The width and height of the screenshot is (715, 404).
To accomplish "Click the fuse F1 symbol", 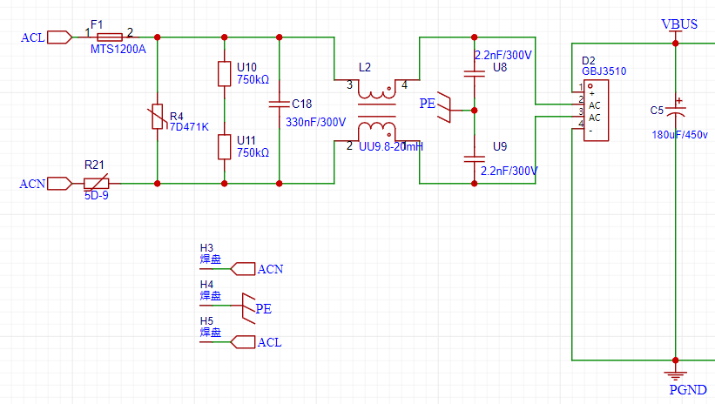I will pyautogui.click(x=110, y=37).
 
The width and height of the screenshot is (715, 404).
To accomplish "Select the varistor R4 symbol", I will pyautogui.click(x=158, y=116).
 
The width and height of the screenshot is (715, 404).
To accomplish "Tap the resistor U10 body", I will pyautogui.click(x=225, y=74).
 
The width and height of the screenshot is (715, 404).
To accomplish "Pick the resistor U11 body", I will pyautogui.click(x=225, y=146).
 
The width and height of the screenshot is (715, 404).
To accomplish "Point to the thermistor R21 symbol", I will pyautogui.click(x=97, y=183).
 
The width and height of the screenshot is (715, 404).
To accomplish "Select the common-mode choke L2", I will pyautogui.click(x=376, y=111).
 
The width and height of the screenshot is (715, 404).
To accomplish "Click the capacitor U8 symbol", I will pyautogui.click(x=474, y=74).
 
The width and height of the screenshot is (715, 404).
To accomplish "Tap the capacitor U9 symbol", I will pyautogui.click(x=474, y=158).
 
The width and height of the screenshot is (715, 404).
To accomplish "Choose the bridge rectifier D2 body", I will pyautogui.click(x=596, y=110).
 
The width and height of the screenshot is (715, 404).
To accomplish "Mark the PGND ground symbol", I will pyautogui.click(x=675, y=364).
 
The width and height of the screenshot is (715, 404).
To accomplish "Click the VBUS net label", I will pyautogui.click(x=679, y=24).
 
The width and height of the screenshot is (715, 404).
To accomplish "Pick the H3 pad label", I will pyautogui.click(x=207, y=248).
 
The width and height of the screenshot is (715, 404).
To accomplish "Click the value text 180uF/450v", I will pyautogui.click(x=679, y=135).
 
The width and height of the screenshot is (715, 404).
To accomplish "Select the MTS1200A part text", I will pyautogui.click(x=118, y=50).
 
